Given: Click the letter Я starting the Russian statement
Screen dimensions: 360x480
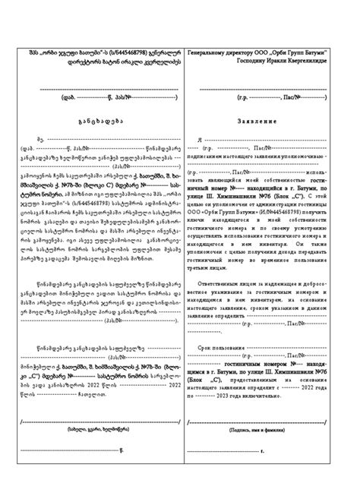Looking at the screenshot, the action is pyautogui.click(x=200, y=140).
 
